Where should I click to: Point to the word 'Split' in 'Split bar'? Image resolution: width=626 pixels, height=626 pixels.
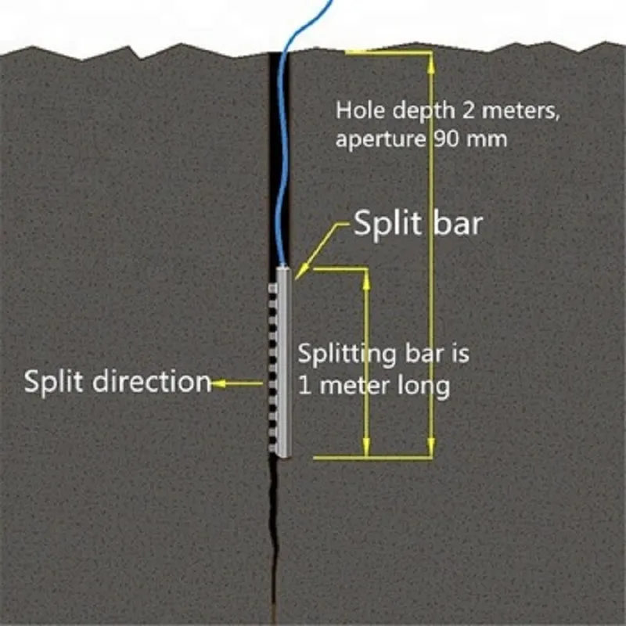(x=387, y=224)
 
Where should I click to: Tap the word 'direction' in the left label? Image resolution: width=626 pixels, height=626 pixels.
(x=152, y=381)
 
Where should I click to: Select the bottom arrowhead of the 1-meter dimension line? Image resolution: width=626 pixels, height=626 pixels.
(x=366, y=446)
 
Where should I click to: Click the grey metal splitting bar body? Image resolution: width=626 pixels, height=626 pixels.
(x=284, y=362)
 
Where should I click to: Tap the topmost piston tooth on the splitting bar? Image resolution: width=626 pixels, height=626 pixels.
(x=272, y=288)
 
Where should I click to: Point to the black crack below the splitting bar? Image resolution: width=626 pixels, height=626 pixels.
(x=274, y=539)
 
